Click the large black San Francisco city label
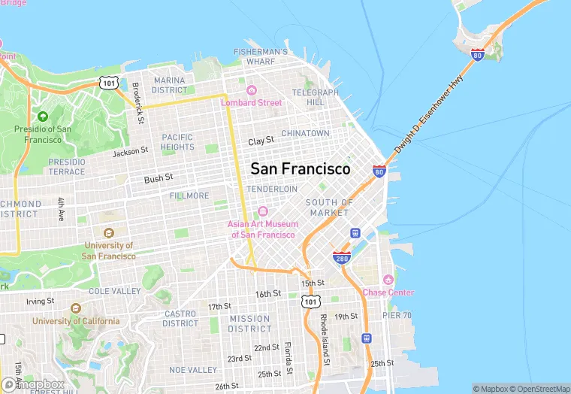click(300, 169)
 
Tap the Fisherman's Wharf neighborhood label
click(261, 56)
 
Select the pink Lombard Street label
click(251, 102)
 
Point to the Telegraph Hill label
click(310, 97)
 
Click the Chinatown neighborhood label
click(305, 133)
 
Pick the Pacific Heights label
click(177, 142)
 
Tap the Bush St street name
click(159, 178)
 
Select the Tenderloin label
click(272, 189)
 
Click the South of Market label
click(329, 208)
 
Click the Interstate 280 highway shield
click(342, 256)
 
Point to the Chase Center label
click(388, 292)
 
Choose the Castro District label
click(180, 318)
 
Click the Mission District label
click(249, 323)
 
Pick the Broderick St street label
click(137, 102)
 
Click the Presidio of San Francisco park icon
click(42, 117)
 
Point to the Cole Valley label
click(115, 291)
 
